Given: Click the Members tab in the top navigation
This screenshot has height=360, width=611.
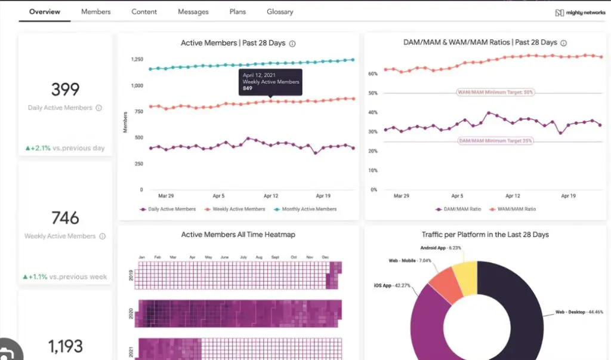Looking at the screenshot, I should click(95, 11).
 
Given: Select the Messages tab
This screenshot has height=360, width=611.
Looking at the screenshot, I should click(193, 11).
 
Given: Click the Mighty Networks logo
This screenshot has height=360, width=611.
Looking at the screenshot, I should click(580, 13).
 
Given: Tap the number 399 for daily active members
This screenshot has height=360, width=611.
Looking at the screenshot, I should click(65, 90).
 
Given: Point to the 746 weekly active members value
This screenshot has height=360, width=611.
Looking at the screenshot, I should click(65, 217).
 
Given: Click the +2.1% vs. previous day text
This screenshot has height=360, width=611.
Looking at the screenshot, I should click(64, 148).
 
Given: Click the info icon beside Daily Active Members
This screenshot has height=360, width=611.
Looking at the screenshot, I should click(99, 108).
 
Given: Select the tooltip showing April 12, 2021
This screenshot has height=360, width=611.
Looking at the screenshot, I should click(270, 82).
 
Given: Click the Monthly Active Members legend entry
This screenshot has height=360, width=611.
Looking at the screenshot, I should click(308, 209).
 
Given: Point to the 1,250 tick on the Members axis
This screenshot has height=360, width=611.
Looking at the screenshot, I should click(136, 60).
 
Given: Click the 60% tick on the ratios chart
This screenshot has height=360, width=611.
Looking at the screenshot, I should click(373, 74).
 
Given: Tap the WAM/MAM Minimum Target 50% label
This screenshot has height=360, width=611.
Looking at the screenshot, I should click(495, 93).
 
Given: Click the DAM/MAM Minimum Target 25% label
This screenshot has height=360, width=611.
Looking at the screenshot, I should click(495, 141).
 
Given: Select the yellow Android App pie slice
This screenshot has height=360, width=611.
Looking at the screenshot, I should click(465, 278).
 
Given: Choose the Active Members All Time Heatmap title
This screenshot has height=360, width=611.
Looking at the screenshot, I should click(238, 235).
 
